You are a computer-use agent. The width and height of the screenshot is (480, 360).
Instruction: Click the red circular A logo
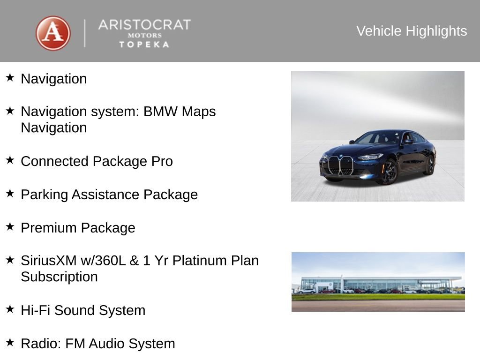pos(53,33)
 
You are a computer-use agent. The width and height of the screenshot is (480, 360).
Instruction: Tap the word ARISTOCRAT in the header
pos(144,25)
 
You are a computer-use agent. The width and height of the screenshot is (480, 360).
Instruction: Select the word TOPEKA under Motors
pos(144,45)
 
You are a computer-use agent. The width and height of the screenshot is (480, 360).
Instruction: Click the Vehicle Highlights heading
pos(412,31)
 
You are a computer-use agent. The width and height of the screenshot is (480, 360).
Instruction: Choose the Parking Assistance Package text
pos(109,195)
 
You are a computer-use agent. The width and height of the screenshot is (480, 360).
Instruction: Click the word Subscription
pos(59,277)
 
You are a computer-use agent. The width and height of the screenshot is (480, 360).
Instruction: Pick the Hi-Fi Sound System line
pos(83,310)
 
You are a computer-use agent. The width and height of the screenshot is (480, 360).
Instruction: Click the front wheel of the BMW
pos(389,172)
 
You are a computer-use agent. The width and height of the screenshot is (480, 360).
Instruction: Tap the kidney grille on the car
pos(340,165)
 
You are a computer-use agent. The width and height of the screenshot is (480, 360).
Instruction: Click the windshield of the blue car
pos(379,138)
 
